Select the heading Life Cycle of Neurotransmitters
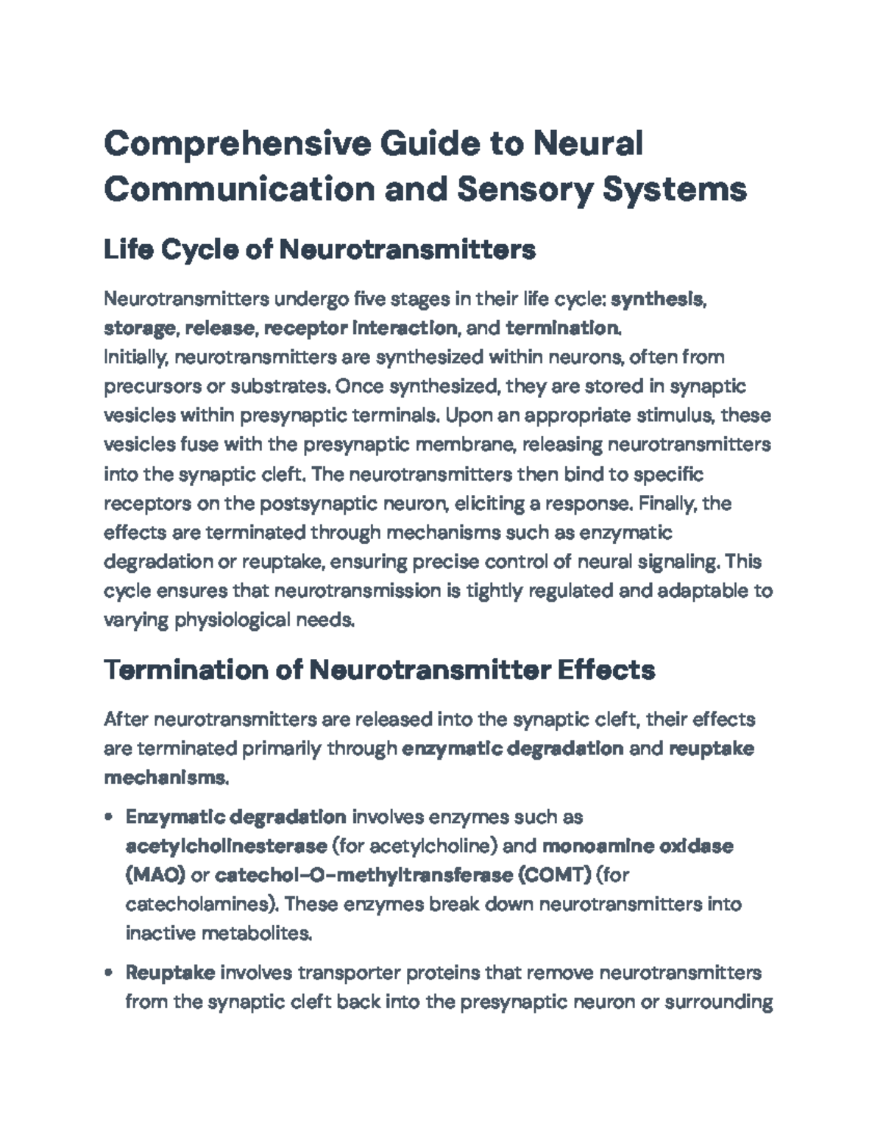[319, 250]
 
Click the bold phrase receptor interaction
[361, 327]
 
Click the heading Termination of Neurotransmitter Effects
[379, 670]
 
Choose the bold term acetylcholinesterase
[226, 846]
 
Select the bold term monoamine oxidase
[637, 846]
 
